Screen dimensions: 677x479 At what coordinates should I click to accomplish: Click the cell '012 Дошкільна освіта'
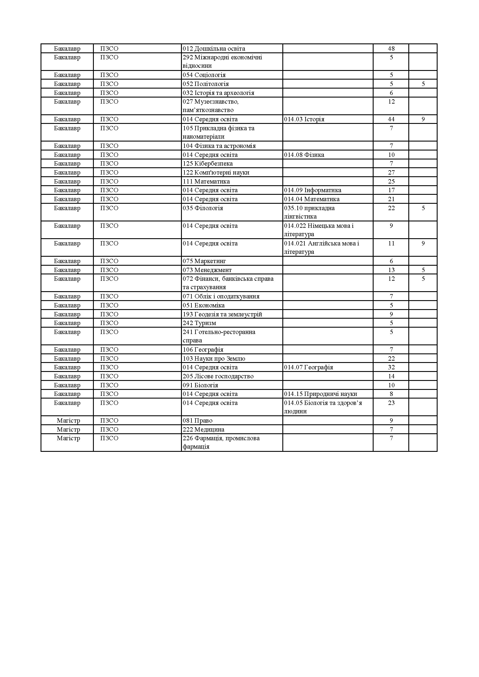tap(214, 49)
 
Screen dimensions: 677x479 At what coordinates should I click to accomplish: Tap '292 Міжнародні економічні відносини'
tap(222, 61)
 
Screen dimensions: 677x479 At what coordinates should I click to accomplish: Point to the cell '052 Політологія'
tap(206, 84)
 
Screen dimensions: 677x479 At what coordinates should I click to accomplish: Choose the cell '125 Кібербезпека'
tap(208, 164)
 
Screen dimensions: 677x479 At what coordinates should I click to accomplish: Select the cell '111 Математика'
tap(206, 181)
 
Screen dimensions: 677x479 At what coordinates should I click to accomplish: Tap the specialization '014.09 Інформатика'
tap(313, 190)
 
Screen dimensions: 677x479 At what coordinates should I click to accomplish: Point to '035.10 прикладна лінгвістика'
tap(309, 212)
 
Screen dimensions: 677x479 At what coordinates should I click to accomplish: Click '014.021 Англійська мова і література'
tap(321, 248)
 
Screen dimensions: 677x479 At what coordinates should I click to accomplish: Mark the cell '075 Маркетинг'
tap(204, 261)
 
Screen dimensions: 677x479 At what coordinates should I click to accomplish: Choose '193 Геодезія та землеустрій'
tap(222, 314)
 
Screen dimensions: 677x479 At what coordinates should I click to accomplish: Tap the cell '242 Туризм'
tap(199, 323)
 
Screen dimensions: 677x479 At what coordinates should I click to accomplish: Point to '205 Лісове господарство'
tap(218, 376)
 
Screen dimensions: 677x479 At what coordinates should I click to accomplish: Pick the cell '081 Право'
tap(198, 421)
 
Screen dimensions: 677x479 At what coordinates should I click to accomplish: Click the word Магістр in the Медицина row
tap(68, 430)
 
